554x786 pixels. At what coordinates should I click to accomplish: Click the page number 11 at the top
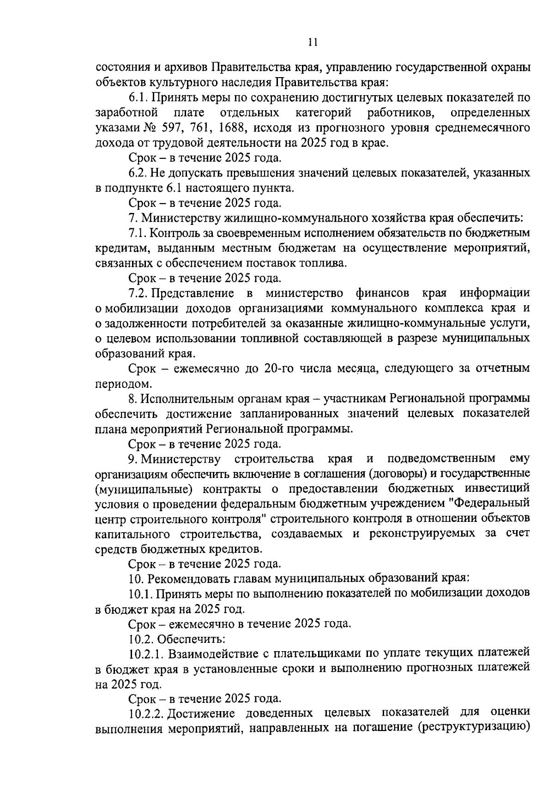coord(313,42)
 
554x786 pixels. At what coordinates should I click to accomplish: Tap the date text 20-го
coord(281,369)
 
